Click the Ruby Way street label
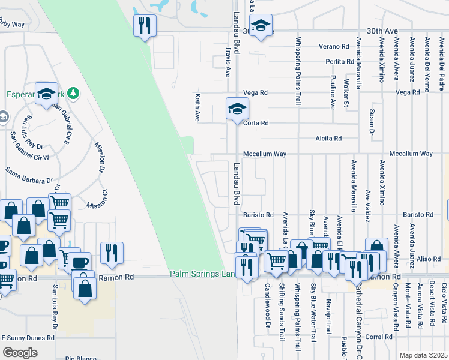11,25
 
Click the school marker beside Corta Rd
237,109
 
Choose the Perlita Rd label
340,62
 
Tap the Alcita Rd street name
328,139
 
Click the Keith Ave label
197,107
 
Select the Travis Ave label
228,63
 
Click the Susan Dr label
372,122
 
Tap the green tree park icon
73,93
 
